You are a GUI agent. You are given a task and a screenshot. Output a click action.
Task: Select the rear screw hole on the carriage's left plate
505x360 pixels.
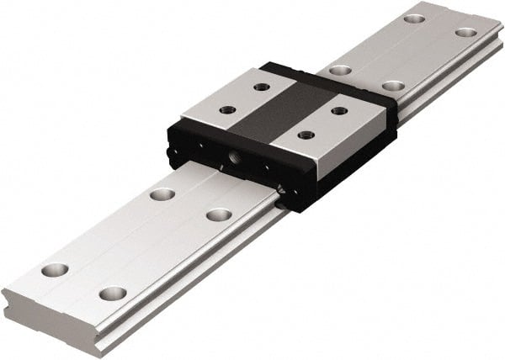click(262, 87)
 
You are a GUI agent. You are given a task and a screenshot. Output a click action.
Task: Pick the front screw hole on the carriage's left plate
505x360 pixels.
click(227, 109)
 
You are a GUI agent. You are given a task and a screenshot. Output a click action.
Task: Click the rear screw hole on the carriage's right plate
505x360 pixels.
click(338, 110)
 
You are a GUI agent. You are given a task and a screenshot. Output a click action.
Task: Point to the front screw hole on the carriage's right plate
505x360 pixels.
click(306, 135)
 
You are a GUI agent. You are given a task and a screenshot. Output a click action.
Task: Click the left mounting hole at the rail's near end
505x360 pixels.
click(55, 270)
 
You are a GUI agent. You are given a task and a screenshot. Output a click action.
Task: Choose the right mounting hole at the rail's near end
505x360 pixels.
click(112, 294)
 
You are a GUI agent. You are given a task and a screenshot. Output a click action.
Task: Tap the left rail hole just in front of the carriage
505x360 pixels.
click(162, 194)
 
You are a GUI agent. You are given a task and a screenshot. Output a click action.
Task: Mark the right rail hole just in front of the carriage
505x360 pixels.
click(219, 214)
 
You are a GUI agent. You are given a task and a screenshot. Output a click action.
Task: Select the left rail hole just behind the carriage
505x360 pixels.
click(340, 70)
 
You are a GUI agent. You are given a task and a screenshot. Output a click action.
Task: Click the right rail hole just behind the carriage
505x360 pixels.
click(392, 86)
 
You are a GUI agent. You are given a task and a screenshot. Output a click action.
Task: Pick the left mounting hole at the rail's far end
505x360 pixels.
click(413, 18)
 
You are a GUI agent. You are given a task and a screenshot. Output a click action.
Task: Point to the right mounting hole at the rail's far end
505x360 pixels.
click(465, 33)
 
